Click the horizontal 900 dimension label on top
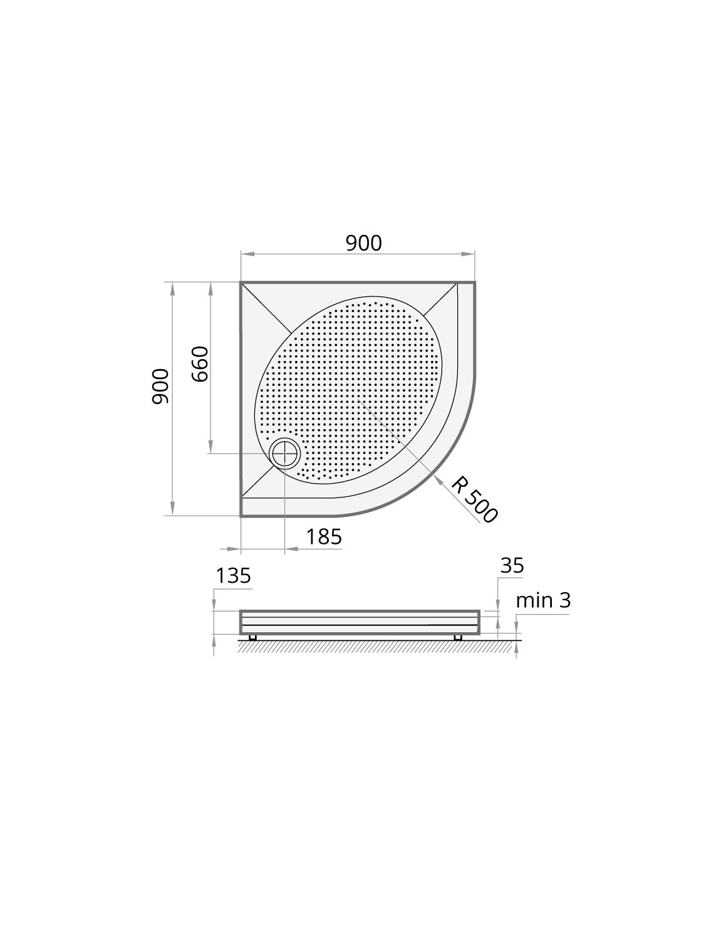coord(363,244)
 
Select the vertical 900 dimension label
coord(160,387)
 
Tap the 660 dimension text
coord(200,363)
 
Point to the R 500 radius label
coord(474,499)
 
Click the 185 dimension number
coord(324,537)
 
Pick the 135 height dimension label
coord(233,576)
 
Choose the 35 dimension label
coord(512,565)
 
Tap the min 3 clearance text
coord(544,600)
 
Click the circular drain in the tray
coord(285,454)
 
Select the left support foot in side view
coord(252,637)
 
